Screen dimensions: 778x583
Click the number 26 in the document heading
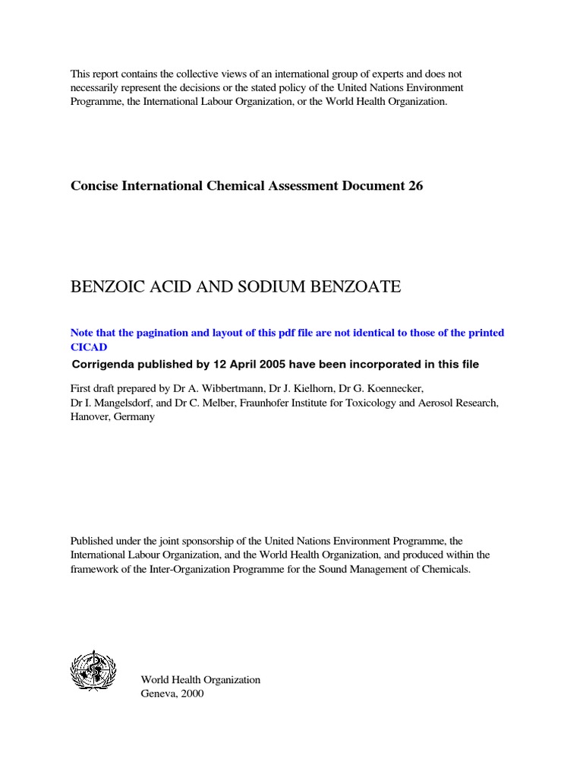414,186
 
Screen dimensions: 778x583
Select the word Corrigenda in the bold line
101,364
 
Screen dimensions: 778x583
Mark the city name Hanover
90,417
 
